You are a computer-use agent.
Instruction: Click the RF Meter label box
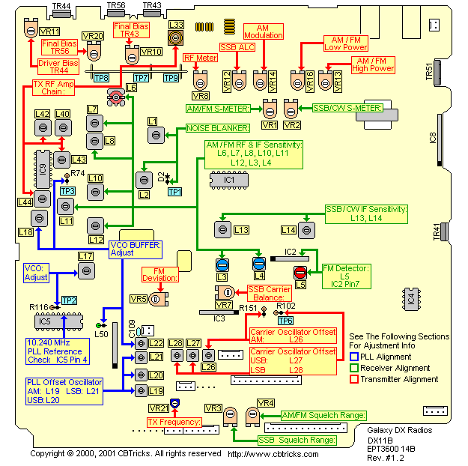click(201, 57)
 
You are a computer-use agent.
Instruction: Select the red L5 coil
click(300, 273)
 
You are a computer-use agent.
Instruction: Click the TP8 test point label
click(102, 78)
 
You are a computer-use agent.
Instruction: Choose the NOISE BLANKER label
click(213, 129)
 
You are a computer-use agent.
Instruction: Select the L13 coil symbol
click(222, 229)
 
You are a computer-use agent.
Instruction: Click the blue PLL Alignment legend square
click(355, 357)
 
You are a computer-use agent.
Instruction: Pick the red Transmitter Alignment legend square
click(355, 378)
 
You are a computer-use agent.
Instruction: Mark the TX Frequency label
click(174, 422)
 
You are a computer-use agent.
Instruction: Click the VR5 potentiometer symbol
click(156, 299)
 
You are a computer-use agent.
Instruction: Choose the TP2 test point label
click(68, 300)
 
